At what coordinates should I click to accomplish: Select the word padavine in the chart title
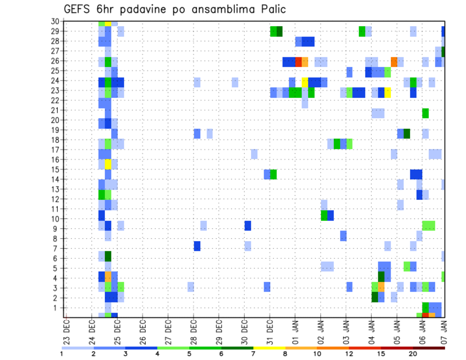148,9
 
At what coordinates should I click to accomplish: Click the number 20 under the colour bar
413,354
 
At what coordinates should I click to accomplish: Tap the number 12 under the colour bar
349,354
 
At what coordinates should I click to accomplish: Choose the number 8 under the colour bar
284,354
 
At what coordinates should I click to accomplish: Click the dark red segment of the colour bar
429,347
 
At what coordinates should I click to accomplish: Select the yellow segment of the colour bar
269,347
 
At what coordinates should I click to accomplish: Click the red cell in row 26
299,62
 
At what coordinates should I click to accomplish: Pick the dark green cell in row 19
407,133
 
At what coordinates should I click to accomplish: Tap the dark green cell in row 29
280,32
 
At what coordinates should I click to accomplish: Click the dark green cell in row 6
108,256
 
